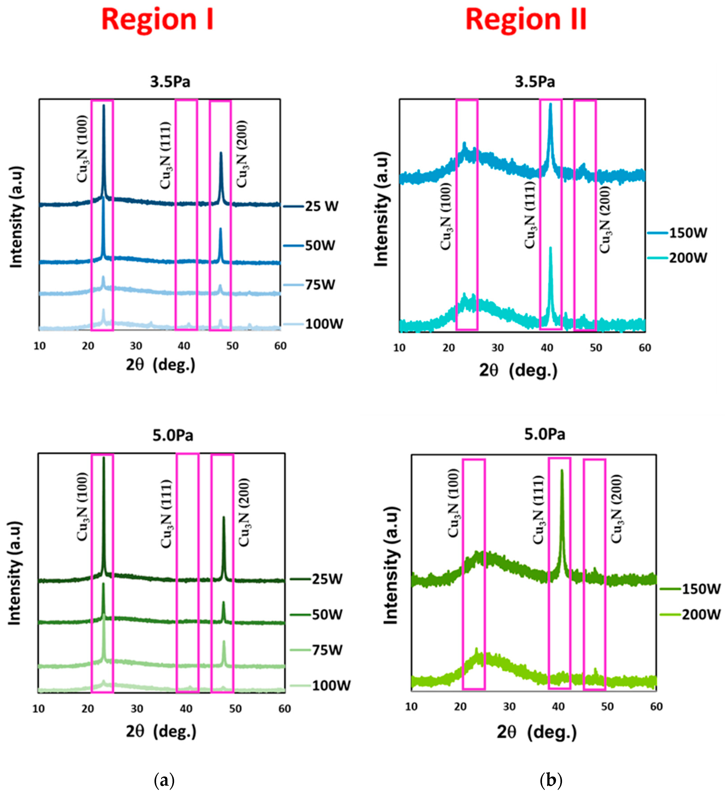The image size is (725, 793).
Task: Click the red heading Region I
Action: click(157, 20)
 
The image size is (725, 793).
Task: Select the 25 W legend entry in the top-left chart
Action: click(321, 206)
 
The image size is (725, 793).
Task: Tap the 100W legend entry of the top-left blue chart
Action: click(323, 324)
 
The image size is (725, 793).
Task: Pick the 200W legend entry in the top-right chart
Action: click(688, 258)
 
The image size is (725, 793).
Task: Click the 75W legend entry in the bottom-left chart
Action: click(327, 650)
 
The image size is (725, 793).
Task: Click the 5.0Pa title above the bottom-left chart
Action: click(173, 436)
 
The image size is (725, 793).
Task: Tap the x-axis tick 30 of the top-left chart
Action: click(136, 346)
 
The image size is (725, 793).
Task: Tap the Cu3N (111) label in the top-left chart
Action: click(165, 155)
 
